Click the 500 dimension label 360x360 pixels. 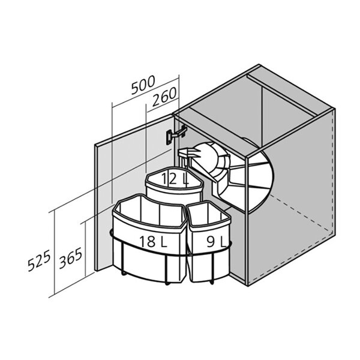point(143,85)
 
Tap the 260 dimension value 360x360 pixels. point(164,97)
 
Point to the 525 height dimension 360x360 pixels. point(39,260)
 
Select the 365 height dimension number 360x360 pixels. point(70,258)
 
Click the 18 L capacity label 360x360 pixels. point(153,241)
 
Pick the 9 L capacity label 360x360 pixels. point(216,242)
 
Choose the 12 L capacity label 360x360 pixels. point(175,179)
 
